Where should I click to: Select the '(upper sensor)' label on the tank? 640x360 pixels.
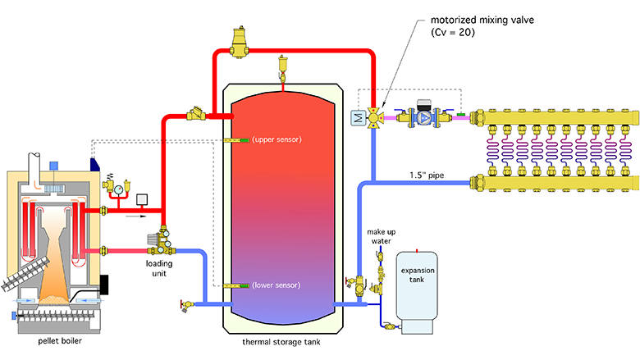pos(277,139)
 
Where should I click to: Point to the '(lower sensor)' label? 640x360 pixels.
pos(277,285)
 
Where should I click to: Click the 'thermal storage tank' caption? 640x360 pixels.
pos(283,341)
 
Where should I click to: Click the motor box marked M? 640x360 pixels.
pos(357,120)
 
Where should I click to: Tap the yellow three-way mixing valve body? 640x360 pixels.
pos(375,119)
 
